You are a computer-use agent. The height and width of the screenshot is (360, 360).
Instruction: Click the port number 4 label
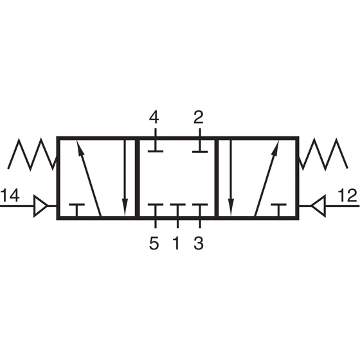154,117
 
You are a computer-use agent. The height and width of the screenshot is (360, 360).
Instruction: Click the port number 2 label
199,117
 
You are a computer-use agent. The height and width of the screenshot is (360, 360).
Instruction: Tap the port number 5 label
154,243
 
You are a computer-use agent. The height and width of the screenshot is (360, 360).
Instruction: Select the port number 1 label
176,243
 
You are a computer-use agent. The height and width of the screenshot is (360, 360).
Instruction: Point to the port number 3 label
199,243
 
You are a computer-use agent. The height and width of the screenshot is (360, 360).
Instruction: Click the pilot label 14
10,195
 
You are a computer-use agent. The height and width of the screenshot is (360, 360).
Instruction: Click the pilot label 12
347,195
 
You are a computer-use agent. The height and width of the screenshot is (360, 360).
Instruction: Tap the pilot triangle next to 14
40,206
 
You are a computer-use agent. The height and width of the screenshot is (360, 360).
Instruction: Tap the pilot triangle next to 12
318,206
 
